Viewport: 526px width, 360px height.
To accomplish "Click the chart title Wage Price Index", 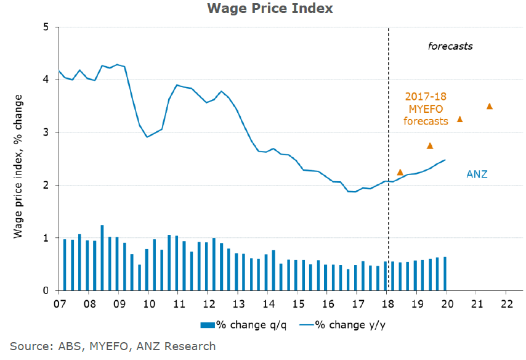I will click(262, 9).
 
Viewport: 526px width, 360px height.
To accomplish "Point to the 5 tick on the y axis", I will click(46, 28).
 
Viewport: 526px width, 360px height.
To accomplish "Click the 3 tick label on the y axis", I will click(46, 133).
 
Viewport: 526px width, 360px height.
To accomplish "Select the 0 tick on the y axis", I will click(46, 290).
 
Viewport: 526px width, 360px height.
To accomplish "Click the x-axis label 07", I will click(60, 303).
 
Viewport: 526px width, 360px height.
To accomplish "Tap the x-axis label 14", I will click(268, 303).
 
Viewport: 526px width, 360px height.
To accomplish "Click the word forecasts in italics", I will click(450, 46).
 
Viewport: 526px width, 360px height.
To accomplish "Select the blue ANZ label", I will click(476, 174).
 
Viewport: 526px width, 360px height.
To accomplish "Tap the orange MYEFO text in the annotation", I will click(426, 109).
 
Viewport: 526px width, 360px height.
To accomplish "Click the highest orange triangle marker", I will click(490, 106).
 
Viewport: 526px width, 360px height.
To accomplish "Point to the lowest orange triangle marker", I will click(400, 172).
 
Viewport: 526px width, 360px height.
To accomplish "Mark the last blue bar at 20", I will click(445, 274).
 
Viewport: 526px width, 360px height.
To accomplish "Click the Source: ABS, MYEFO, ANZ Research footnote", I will click(113, 346).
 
